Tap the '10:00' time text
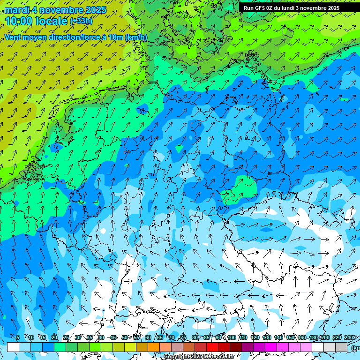(x=20, y=21)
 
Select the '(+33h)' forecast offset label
(x=81, y=21)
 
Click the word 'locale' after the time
(x=52, y=21)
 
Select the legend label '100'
(x=232, y=337)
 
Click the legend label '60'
(x=148, y=337)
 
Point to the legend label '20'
(x=54, y=337)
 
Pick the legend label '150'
(x=290, y=337)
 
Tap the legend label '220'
(x=337, y=337)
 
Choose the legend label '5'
(x=18, y=337)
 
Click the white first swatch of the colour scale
(x=13, y=347)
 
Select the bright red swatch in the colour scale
(x=212, y=347)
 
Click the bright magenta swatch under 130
(x=271, y=347)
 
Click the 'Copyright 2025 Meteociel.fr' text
(x=199, y=356)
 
